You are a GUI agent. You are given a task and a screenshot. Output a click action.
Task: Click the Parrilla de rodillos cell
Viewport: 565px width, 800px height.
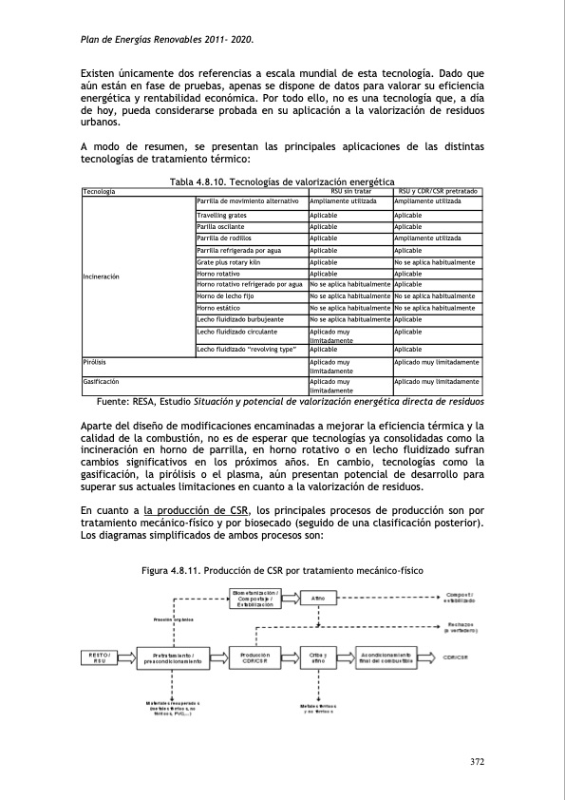227,238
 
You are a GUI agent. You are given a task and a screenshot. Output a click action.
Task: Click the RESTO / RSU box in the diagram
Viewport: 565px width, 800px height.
100,657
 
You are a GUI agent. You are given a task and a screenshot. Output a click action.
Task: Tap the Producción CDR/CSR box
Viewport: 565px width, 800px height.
255,657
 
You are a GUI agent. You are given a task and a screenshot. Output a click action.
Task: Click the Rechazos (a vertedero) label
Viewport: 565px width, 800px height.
464,627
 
